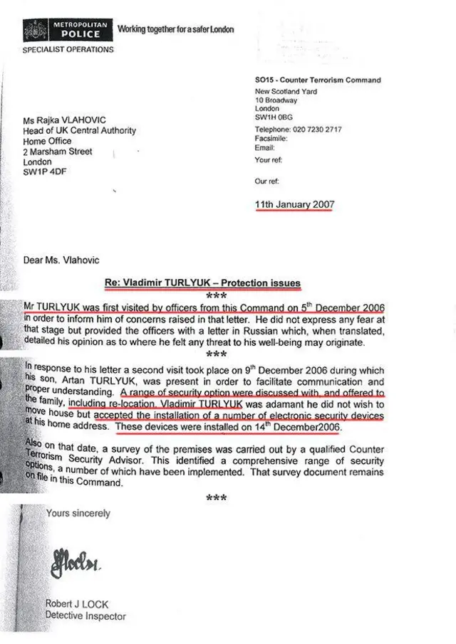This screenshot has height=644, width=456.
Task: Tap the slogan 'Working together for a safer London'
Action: click(x=175, y=30)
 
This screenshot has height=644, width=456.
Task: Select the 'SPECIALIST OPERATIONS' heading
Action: click(x=68, y=50)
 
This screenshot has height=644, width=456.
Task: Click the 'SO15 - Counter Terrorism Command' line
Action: click(x=317, y=80)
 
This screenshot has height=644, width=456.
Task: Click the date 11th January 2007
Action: click(x=294, y=205)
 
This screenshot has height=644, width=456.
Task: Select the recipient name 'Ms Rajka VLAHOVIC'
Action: click(x=69, y=121)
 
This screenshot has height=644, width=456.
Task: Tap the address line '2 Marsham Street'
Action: click(x=58, y=152)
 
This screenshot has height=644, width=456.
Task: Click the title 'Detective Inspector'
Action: click(x=85, y=616)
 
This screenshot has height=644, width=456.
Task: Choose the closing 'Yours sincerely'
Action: click(x=78, y=512)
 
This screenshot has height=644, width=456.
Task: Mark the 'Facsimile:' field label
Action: click(x=271, y=139)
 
